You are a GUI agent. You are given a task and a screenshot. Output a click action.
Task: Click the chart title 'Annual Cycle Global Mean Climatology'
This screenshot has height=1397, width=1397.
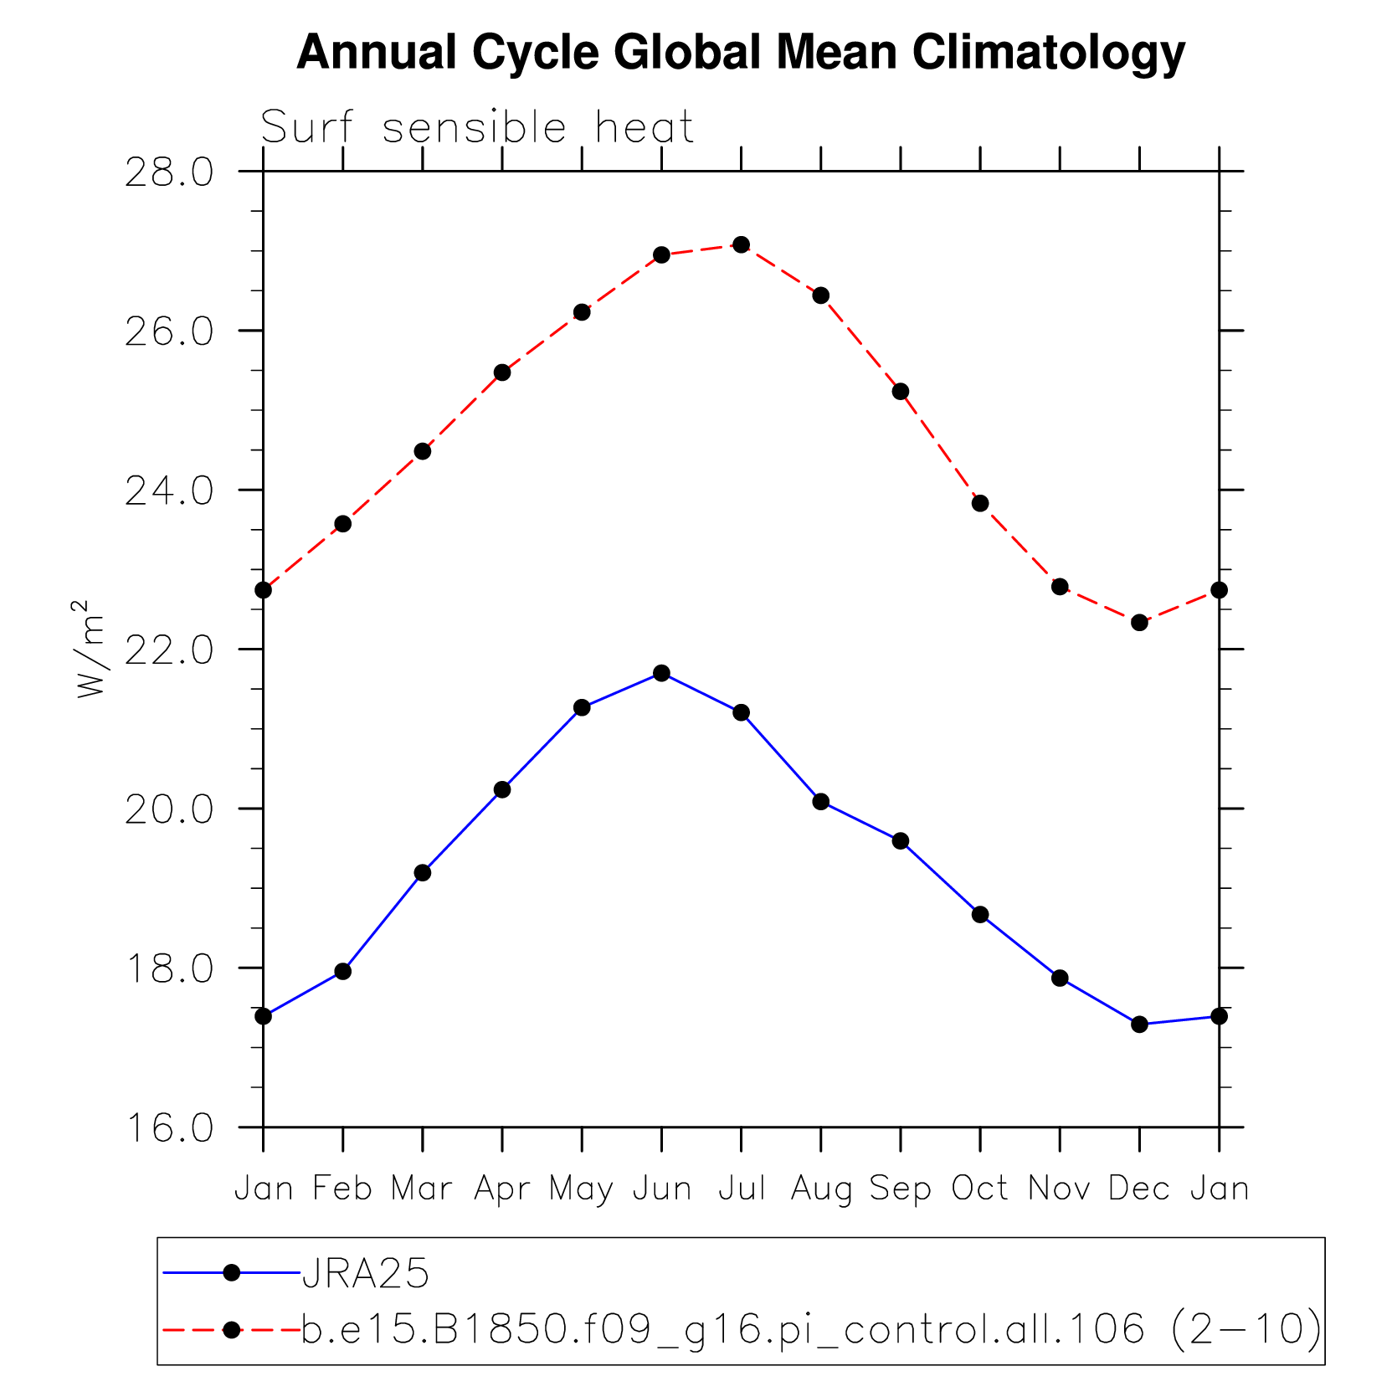[740, 52]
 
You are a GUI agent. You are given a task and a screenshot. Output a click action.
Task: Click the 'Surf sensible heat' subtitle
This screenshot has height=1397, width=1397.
[477, 128]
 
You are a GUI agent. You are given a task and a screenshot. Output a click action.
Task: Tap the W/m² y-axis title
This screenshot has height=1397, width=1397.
[90, 649]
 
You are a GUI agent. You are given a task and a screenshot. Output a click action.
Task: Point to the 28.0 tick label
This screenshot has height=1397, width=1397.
[169, 172]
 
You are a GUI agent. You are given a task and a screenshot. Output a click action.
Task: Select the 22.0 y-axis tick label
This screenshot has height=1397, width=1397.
[169, 650]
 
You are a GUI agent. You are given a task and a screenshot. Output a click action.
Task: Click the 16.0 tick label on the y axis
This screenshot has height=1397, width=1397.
[169, 1128]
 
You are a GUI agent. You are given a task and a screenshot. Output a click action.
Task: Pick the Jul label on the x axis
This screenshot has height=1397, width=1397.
[742, 1189]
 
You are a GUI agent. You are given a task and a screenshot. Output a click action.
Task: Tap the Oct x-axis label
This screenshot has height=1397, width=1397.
[980, 1189]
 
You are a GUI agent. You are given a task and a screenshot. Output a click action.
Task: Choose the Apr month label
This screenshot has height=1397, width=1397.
[502, 1189]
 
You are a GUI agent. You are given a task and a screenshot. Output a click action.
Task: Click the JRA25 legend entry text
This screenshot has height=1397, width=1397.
[366, 1274]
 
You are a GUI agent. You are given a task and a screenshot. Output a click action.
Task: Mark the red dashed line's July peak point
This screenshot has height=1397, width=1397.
[741, 244]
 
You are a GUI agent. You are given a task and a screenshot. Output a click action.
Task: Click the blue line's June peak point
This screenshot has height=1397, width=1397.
[661, 673]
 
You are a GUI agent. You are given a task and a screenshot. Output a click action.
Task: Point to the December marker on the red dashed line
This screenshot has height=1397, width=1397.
[1139, 622]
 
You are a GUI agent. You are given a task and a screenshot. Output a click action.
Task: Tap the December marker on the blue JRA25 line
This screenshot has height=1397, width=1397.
[1139, 1024]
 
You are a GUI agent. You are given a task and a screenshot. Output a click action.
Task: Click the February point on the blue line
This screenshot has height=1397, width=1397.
[342, 971]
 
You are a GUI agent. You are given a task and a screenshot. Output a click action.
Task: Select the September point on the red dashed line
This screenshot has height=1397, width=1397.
[901, 391]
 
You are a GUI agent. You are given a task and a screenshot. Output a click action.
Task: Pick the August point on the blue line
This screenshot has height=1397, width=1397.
[821, 801]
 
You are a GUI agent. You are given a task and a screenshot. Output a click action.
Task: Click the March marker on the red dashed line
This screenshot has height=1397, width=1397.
[423, 451]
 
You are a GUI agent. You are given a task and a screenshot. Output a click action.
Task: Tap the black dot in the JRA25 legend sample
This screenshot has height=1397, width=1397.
[232, 1273]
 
